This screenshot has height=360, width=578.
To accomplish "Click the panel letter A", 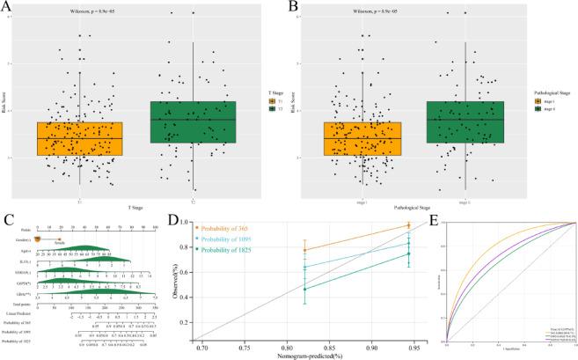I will point(7,7).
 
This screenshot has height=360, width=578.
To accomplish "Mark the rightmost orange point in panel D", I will point(408,225).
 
